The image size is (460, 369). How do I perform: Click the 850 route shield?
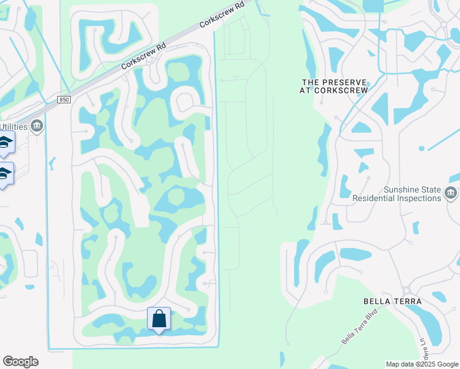[65, 100]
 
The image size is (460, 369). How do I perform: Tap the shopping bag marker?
[159, 319]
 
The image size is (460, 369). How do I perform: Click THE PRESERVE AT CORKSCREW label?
[335, 86]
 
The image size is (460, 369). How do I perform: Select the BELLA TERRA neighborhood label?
[392, 301]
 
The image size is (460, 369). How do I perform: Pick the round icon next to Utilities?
[36, 126]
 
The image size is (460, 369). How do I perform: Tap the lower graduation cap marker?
[4, 173]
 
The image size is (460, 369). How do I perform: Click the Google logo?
[20, 362]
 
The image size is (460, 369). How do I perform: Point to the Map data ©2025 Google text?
[421, 364]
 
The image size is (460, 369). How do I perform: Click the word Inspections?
[420, 199]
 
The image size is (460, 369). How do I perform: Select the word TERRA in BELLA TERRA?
[406, 301]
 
